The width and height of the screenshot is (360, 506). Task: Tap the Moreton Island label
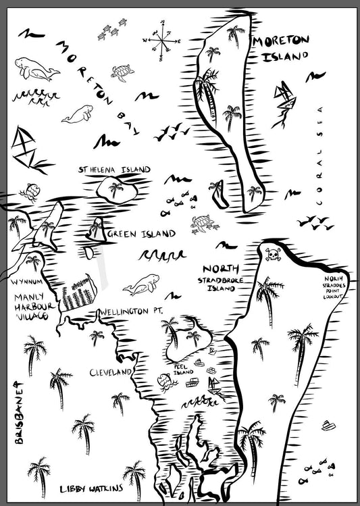tap(280, 48)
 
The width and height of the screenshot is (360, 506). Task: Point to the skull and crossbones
tap(274, 255)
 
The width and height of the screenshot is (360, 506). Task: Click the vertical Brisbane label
tap(19, 414)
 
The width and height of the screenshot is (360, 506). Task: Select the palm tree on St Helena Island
tap(116, 189)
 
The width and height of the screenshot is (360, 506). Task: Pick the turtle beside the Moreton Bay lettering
tap(122, 72)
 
